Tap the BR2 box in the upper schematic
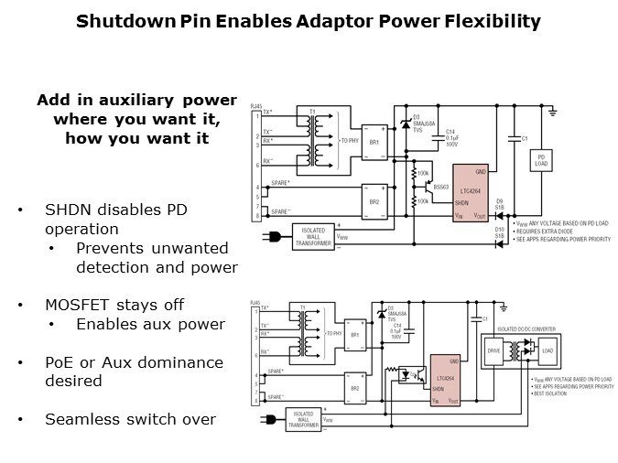[x=374, y=201]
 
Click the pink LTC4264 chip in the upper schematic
[x=472, y=193]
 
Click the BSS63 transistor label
[x=439, y=186]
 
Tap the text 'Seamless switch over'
[x=130, y=420]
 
